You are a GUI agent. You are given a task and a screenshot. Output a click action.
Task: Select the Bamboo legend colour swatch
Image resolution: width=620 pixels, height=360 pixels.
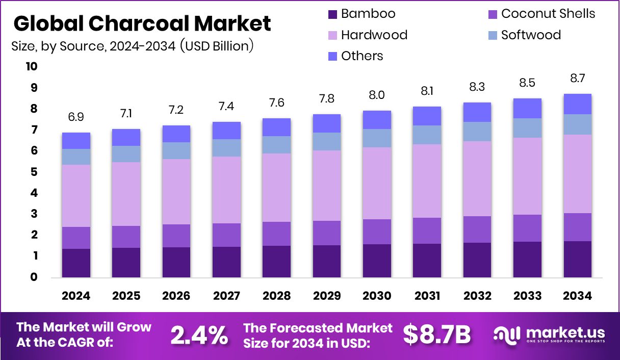tap(332, 14)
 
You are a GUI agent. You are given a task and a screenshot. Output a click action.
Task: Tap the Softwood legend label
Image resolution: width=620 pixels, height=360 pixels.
tap(530, 35)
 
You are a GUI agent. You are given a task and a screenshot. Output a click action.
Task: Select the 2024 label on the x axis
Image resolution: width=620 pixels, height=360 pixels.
tap(76, 296)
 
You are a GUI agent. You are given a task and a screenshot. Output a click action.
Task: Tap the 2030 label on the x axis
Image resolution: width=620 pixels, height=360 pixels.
tap(377, 296)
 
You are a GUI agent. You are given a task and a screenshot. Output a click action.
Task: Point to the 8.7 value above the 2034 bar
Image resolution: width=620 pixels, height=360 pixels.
tap(577, 79)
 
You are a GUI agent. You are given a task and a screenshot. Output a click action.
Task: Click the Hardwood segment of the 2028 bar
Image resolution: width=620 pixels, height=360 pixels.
tap(276, 188)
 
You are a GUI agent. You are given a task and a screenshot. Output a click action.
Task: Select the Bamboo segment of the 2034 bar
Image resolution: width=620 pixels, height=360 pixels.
tap(577, 259)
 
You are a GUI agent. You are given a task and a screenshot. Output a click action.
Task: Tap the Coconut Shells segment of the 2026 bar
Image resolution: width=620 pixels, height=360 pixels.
tap(176, 236)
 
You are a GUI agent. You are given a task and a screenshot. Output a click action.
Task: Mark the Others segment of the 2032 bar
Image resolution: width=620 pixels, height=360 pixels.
tap(477, 112)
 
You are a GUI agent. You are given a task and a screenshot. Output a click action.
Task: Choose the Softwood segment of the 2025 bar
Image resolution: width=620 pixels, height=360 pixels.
tap(126, 154)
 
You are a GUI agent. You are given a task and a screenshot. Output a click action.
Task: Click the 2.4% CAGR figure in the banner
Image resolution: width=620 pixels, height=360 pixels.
tap(199, 335)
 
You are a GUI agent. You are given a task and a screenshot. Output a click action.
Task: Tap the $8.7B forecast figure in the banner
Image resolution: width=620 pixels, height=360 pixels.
tap(436, 335)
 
